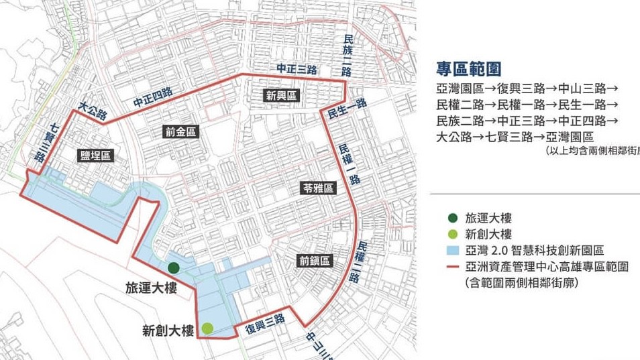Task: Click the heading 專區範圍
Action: click(469, 69)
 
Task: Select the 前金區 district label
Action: click(181, 132)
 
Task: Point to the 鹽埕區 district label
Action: click(95, 156)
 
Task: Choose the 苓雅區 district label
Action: click(318, 189)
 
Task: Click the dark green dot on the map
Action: click(174, 267)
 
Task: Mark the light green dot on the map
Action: click(207, 328)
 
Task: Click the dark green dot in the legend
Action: click(454, 217)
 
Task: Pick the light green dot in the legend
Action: click(454, 234)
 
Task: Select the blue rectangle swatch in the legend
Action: click(454, 250)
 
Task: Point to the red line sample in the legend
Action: click(454, 266)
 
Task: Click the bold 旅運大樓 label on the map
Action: click(151, 288)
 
